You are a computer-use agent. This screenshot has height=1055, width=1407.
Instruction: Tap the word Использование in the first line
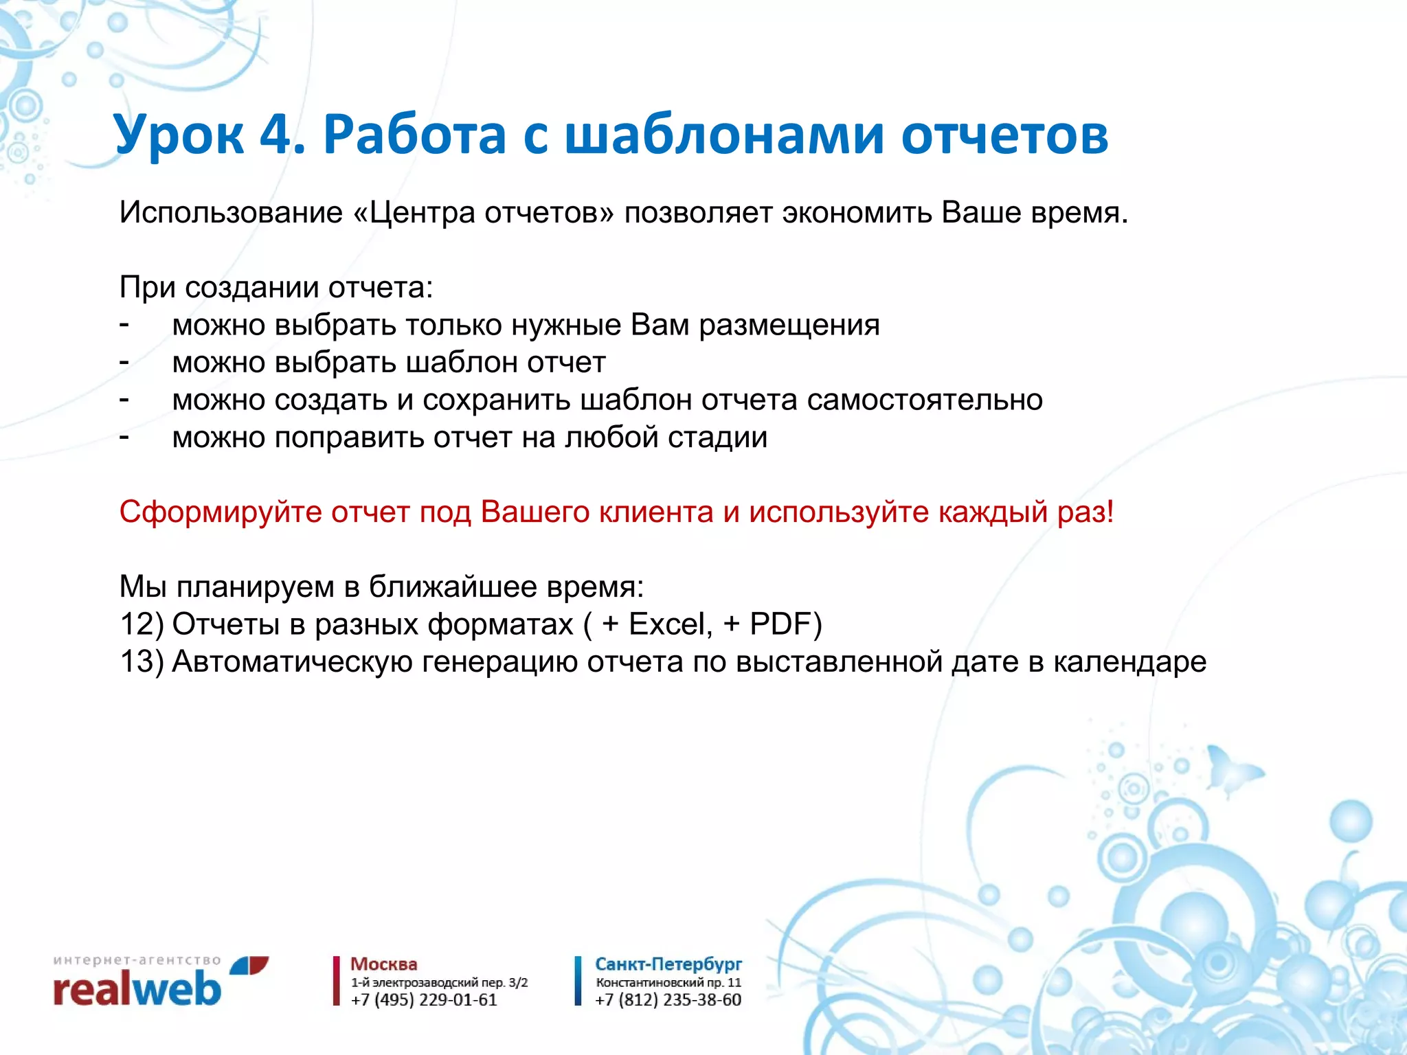click(231, 213)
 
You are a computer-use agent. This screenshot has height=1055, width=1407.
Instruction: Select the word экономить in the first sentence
click(857, 213)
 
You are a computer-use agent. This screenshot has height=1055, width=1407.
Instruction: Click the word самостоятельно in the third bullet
click(925, 400)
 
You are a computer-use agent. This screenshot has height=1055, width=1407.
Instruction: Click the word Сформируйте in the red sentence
click(220, 512)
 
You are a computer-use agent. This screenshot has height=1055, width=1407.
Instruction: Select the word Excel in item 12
click(666, 624)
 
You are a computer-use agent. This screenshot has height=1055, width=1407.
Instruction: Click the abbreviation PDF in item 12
click(780, 624)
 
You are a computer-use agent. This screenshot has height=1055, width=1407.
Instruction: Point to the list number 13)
click(142, 662)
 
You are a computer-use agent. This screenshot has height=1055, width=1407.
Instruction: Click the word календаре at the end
click(1129, 662)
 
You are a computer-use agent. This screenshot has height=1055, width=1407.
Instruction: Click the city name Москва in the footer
click(383, 964)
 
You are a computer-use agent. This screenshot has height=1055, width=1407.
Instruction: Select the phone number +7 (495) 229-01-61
click(424, 1000)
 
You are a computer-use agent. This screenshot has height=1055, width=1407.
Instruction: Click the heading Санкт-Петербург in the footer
click(668, 964)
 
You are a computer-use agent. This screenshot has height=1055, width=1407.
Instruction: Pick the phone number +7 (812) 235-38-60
click(668, 1000)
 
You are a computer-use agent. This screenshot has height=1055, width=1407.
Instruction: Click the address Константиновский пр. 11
click(668, 983)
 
